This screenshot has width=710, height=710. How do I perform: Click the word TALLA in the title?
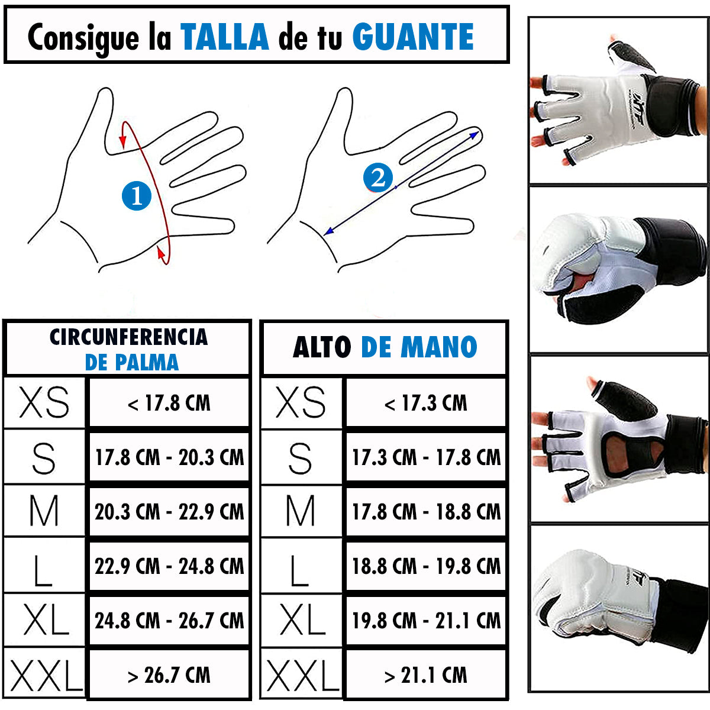tap(225, 37)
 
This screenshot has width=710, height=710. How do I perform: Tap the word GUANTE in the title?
tap(413, 37)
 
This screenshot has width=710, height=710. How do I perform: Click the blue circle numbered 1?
tap(136, 196)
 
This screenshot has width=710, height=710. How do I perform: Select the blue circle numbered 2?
tap(377, 177)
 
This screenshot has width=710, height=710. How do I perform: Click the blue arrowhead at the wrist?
tap(328, 231)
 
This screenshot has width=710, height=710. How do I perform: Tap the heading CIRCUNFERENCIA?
tap(128, 337)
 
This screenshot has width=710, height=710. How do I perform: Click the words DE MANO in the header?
tap(419, 347)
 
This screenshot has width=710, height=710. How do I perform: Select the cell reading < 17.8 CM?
tap(169, 402)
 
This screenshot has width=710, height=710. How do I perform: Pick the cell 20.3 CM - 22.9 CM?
tap(169, 511)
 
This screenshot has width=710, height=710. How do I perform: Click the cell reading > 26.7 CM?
tap(169, 674)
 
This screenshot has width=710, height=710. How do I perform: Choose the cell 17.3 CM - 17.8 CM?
tap(426, 457)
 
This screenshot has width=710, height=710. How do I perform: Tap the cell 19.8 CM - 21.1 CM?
tap(426, 621)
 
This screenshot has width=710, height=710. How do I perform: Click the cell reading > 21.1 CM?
tap(426, 674)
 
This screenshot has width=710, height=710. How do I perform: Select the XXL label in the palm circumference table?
tap(46, 674)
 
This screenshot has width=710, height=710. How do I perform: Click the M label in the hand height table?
tap(301, 511)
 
